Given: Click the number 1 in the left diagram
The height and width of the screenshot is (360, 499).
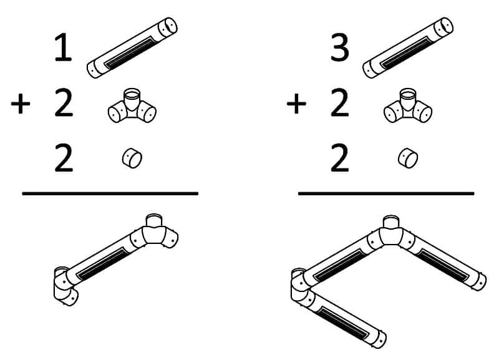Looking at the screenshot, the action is pos(64,48).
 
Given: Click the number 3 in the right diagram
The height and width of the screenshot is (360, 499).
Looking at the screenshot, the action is pos(339,48).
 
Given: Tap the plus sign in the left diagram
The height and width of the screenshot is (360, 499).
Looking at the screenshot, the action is pos(21,104).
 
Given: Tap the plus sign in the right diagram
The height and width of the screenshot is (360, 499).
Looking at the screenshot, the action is pos(296,104).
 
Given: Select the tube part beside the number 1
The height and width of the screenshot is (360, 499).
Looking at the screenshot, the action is pos(132,48).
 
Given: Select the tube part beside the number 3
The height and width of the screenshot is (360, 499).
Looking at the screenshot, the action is pos(408,48).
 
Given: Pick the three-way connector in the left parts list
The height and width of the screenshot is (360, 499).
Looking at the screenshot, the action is pos(132,105).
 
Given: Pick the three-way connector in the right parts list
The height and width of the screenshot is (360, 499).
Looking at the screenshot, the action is pos(408,105).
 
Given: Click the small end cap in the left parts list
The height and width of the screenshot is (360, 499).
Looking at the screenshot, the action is pos(132,158).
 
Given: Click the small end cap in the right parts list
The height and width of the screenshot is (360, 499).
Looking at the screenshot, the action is pos(408,158).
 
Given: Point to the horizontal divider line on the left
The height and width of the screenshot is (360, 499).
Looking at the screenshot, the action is pos(110,193).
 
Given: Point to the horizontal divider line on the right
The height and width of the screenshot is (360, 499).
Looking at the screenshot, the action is pos(386,193).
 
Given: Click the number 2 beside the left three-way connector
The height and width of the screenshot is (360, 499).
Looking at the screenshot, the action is pos(64,104).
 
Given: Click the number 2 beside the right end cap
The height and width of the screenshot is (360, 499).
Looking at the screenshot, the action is pos(339,158).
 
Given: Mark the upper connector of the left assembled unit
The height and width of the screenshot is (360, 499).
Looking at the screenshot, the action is pos(156,232).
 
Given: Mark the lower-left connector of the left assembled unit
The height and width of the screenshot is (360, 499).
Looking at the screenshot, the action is pos(65,286).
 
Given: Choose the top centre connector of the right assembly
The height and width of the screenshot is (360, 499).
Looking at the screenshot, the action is pos(391,234).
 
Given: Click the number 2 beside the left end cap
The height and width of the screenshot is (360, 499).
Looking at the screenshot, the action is pos(64,158).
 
